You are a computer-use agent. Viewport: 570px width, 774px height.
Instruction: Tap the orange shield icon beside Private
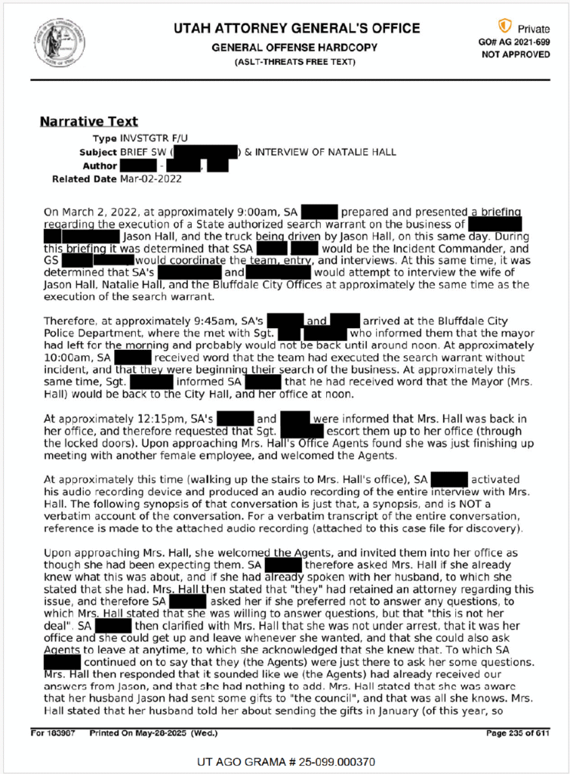click(504, 26)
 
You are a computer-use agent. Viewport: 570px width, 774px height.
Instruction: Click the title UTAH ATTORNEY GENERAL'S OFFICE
click(296, 29)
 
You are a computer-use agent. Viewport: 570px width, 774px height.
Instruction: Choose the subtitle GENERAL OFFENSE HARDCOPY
click(295, 47)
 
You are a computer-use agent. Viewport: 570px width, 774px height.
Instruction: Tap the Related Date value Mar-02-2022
click(151, 179)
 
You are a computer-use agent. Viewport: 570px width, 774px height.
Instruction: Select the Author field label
click(100, 166)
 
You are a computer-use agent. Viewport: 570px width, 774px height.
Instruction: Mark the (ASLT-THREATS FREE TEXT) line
click(295, 61)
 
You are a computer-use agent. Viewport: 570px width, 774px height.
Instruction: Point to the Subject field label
click(97, 152)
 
